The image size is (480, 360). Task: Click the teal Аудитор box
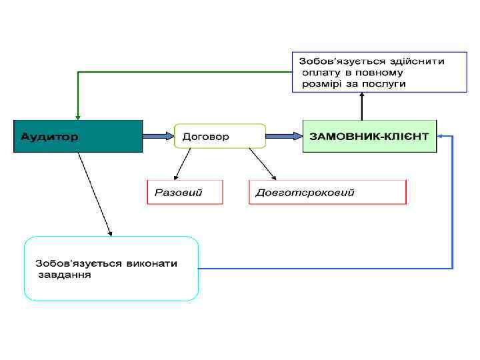78,137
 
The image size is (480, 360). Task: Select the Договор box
219,136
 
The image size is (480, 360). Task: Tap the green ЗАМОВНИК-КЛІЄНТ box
369,136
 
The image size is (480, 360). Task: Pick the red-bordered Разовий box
185,192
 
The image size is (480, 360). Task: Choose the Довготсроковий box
327,192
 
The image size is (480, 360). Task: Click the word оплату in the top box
321,72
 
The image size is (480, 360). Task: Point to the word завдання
63,274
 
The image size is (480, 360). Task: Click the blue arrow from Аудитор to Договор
158,136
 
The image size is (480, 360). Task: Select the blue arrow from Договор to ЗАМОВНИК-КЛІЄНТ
283,136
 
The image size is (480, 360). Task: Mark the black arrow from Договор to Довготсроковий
261,164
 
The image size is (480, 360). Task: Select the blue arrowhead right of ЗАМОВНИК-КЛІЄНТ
441,136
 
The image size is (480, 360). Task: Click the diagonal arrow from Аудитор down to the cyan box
95,193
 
